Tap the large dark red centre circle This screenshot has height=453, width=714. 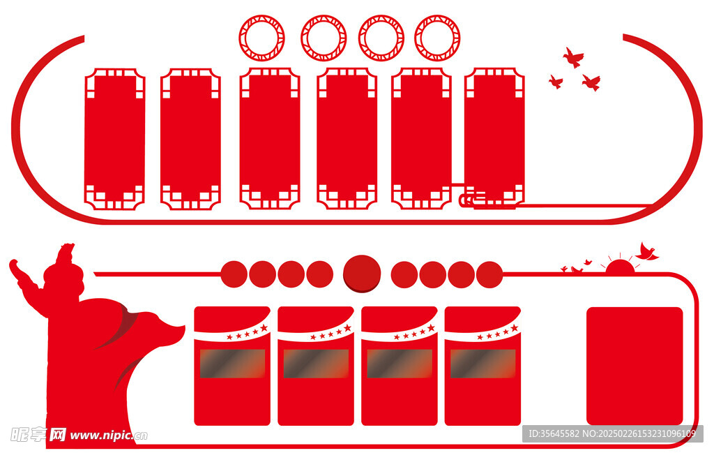362,274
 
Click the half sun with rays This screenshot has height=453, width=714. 620,267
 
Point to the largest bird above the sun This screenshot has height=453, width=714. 646,253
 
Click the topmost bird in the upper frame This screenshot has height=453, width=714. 573,57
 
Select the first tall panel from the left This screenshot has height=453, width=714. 115,139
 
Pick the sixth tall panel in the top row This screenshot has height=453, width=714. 494,137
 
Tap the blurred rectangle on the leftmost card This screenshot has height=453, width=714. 232,364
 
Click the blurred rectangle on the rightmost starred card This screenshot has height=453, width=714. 483,364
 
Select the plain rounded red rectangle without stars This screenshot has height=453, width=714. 635,366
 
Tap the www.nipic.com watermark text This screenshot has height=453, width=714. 109,436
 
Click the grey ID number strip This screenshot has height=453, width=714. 613,433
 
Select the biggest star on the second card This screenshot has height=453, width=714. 347,328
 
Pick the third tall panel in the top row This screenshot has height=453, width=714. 270,138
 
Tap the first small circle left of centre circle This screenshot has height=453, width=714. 319,274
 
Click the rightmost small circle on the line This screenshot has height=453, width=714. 489,274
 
